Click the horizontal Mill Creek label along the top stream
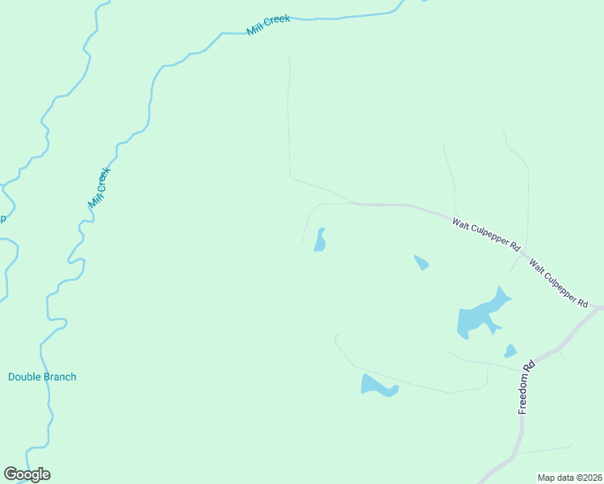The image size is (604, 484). (268, 25)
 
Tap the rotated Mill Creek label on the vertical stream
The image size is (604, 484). (99, 187)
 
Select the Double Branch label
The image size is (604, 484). (42, 377)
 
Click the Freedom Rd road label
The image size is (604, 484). (526, 387)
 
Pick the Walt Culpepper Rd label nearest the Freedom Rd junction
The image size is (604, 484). (558, 283)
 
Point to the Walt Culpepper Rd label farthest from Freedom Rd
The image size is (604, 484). (485, 234)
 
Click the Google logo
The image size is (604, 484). (27, 474)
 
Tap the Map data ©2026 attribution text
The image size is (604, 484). (569, 478)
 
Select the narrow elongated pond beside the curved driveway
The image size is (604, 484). (320, 240)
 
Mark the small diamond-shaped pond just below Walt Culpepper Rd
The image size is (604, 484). (421, 262)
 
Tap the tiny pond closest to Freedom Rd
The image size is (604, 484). (510, 351)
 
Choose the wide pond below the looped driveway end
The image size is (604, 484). (377, 386)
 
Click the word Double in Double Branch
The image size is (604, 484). (23, 377)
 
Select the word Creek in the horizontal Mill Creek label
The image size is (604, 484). (277, 22)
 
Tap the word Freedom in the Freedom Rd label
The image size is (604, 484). (525, 394)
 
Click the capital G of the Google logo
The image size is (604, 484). (10, 474)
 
